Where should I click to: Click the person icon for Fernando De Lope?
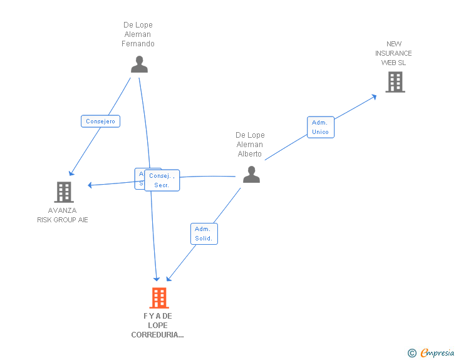(139, 64)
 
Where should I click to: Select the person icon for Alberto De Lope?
(251, 175)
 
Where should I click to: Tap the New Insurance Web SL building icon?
(395, 82)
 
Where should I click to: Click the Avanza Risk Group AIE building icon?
(64, 192)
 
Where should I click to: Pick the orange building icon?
(159, 298)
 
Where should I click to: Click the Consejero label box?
(100, 121)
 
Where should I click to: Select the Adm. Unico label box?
(321, 127)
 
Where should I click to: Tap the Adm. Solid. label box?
(204, 234)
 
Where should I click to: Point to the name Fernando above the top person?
(138, 44)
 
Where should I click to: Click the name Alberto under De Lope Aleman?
(250, 154)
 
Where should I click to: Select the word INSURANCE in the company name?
(394, 53)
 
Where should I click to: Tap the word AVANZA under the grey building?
(62, 210)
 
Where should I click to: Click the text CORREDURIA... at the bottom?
(158, 335)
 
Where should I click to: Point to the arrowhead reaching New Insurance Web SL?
(374, 96)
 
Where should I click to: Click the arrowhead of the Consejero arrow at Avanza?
(71, 173)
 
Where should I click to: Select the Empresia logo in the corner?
(437, 353)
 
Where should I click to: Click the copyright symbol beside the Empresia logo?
(412, 354)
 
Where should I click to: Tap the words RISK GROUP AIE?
(63, 220)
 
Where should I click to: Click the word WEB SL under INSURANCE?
(394, 63)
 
